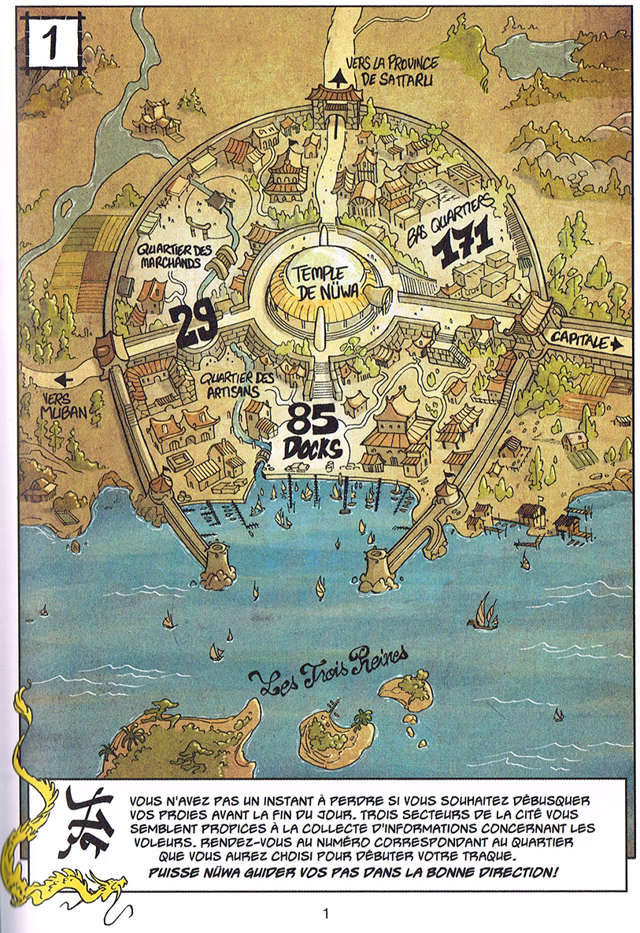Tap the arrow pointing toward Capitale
click(616, 344)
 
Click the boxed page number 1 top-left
click(53, 43)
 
